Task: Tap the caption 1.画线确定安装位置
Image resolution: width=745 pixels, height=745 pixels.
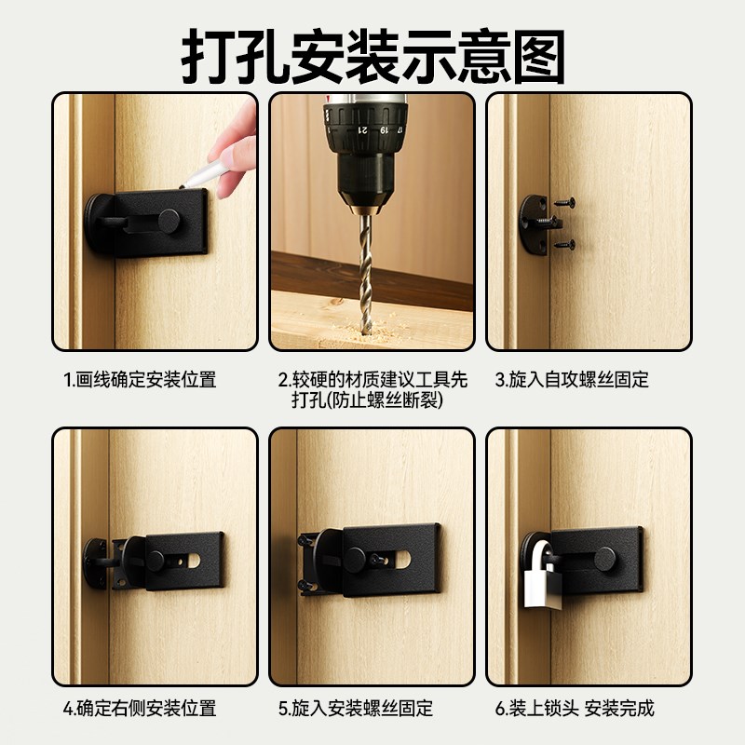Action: click(140, 380)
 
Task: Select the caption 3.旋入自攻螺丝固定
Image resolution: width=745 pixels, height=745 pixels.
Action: click(572, 380)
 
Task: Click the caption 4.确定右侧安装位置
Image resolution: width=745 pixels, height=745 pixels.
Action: click(140, 709)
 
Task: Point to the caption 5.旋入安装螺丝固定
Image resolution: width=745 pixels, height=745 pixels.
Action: click(356, 709)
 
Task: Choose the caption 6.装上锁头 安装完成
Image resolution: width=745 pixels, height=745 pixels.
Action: click(575, 709)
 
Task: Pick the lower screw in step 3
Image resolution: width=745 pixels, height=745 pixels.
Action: click(563, 244)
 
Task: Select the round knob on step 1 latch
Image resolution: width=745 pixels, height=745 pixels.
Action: click(169, 221)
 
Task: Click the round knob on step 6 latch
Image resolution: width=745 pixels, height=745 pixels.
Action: click(604, 559)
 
